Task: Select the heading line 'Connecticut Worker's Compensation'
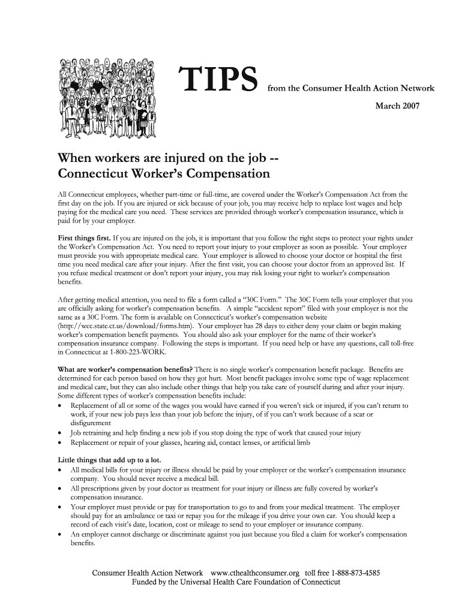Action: [163, 175]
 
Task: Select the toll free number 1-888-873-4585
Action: [352, 573]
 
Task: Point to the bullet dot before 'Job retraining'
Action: [60, 433]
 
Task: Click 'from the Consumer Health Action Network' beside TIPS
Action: [351, 88]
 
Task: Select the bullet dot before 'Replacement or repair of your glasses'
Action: [60, 443]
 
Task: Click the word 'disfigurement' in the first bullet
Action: [91, 423]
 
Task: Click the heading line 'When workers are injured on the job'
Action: [167, 158]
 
